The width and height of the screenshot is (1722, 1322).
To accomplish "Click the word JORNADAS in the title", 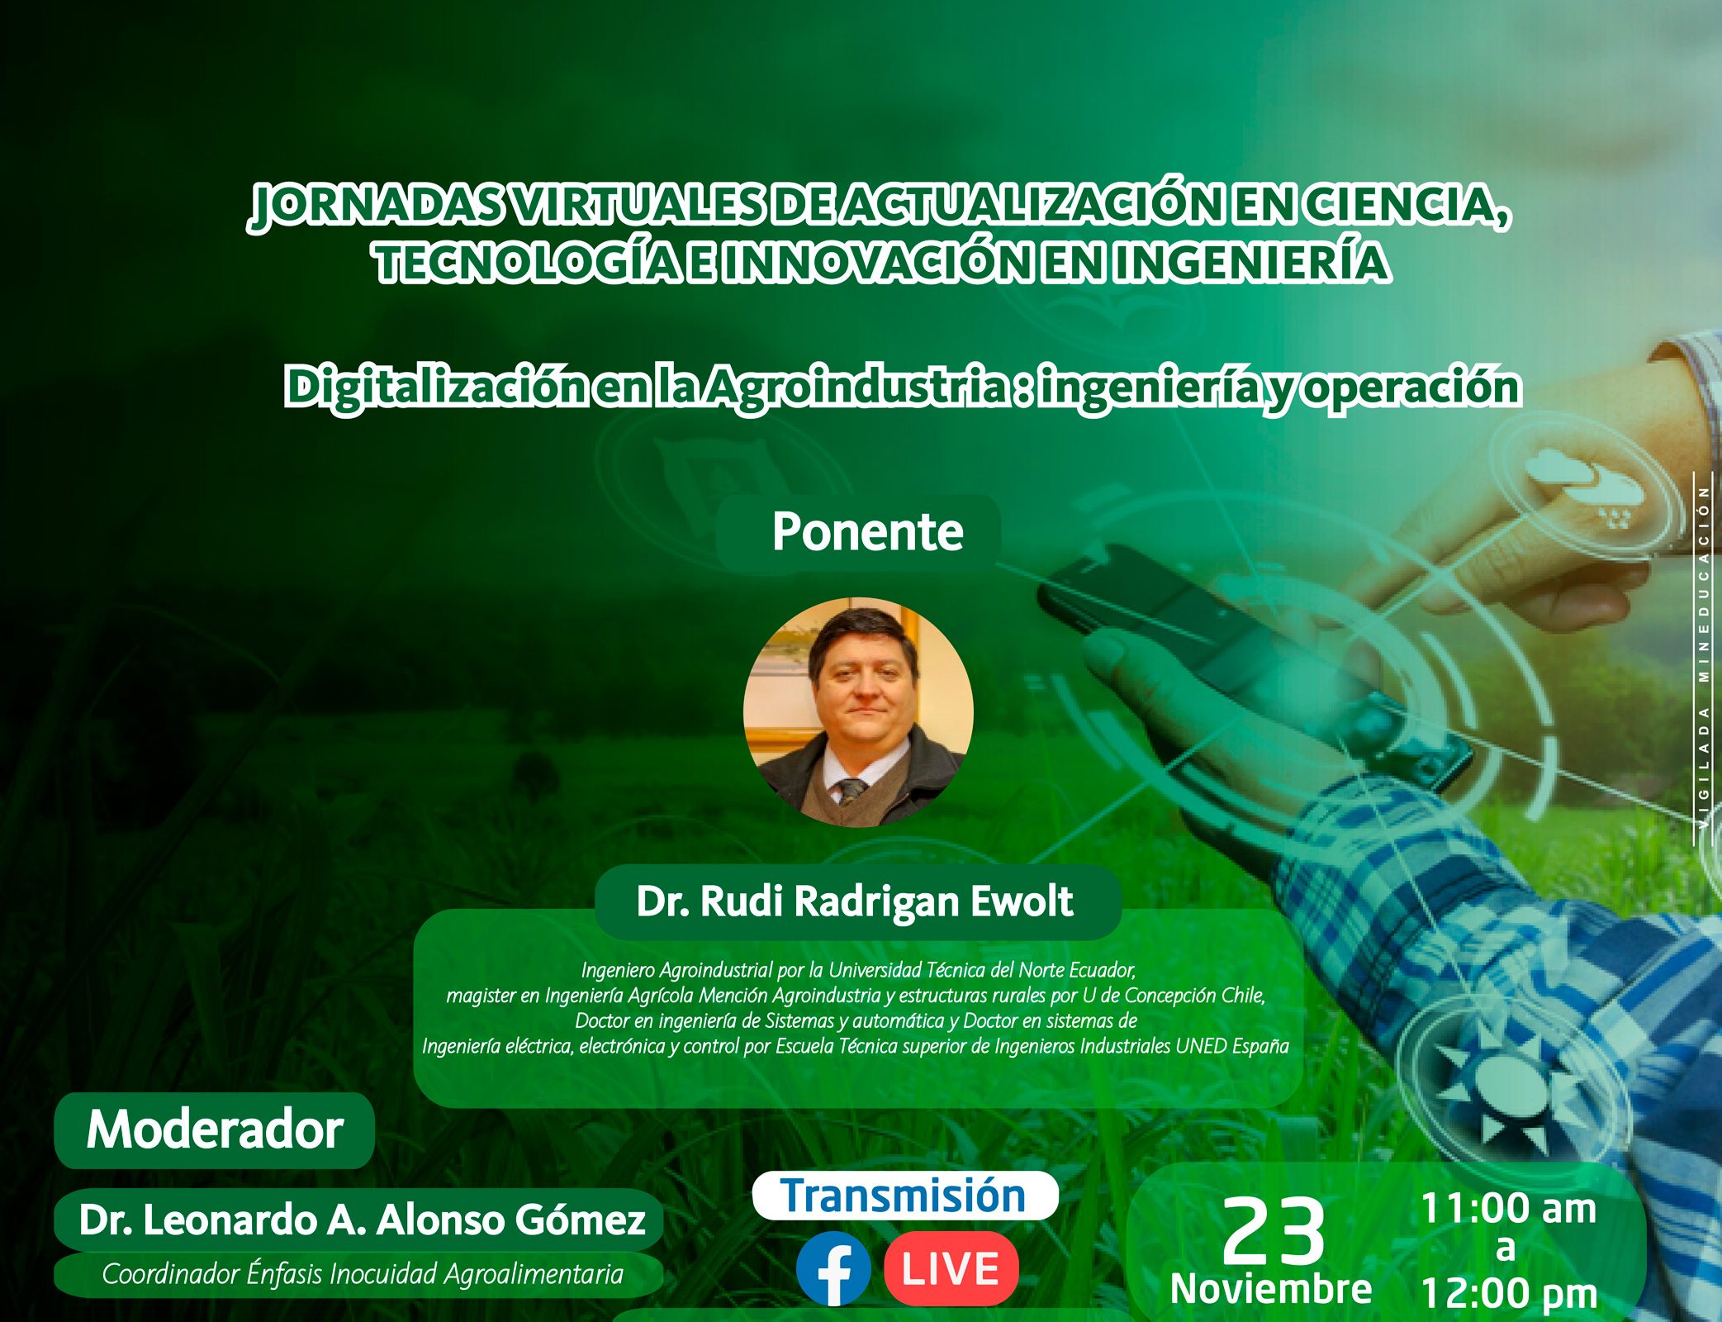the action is pos(376,206).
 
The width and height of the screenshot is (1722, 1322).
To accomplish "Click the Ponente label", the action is pos(867,531).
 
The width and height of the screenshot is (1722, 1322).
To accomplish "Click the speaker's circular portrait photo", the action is pos(858,712).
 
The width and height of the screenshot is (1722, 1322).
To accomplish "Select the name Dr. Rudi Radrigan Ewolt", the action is pos(854,901).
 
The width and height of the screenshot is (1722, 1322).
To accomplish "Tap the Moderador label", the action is pos(215,1129).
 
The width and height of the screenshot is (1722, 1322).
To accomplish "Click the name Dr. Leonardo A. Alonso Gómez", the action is pos(362,1220).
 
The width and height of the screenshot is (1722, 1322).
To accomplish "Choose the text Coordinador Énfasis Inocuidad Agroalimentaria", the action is pos(363,1274).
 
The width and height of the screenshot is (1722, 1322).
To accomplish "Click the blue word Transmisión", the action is pos(904,1196).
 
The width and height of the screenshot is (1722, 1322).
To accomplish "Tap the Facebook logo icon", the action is pos(833,1269).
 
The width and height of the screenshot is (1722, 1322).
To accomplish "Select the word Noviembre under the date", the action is pos(1271,1289).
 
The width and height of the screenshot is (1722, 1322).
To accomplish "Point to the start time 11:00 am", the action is pos(1508,1209).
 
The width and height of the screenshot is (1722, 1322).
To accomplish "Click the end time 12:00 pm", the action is pos(1509,1294).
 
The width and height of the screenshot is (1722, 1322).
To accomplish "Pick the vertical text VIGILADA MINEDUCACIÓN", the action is pos(1704,657).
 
